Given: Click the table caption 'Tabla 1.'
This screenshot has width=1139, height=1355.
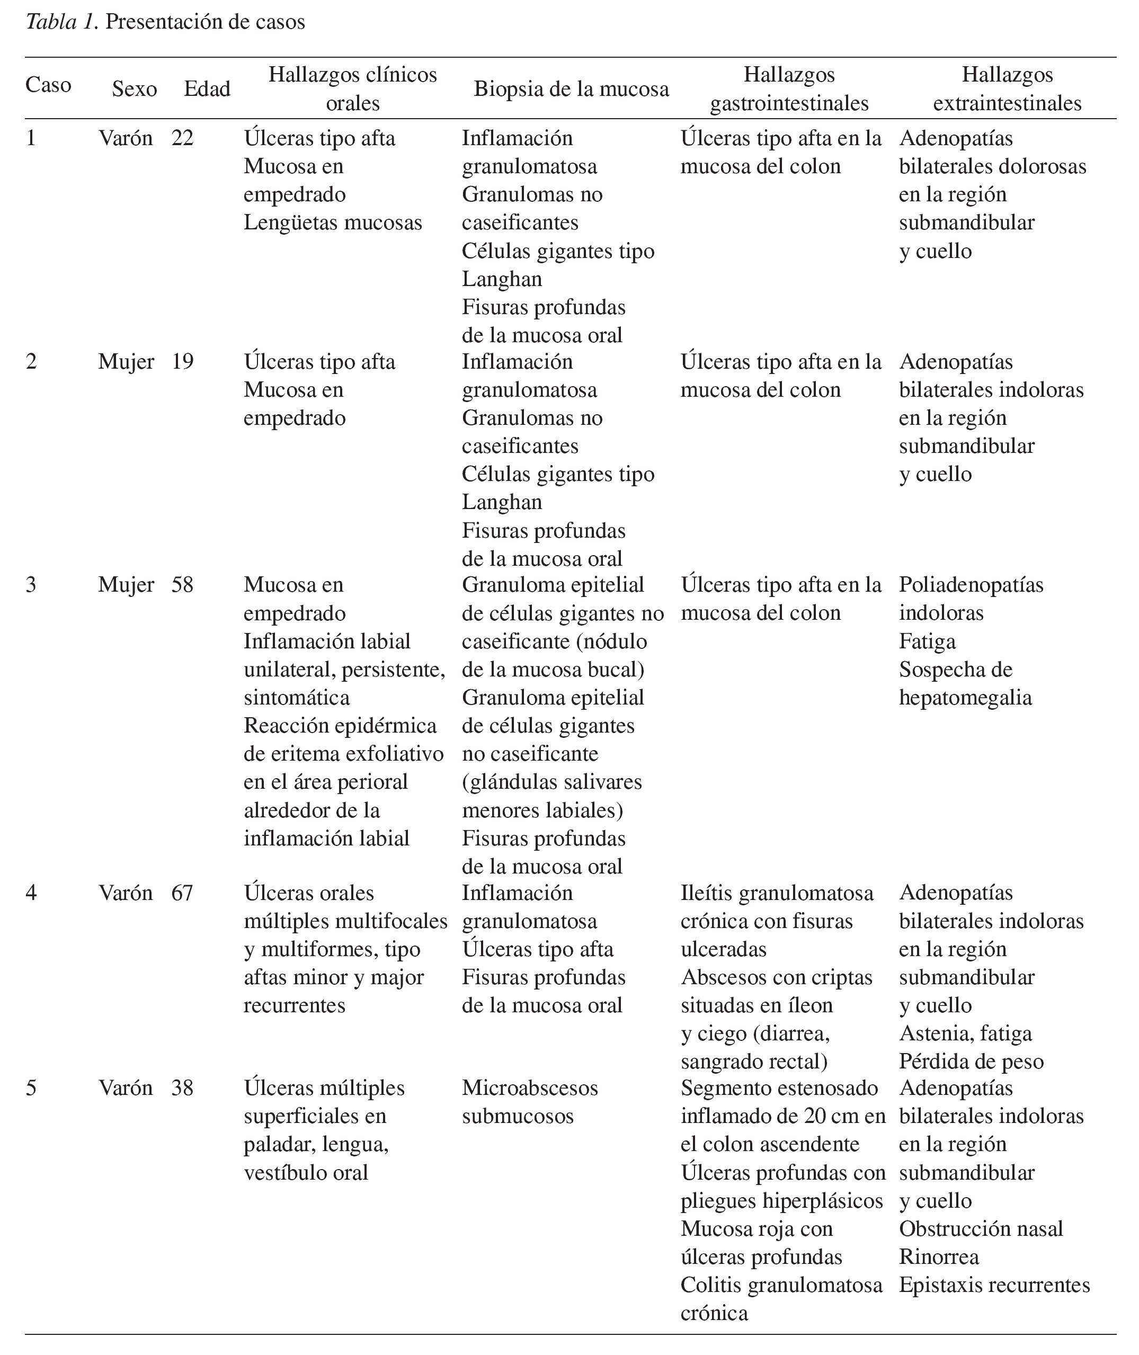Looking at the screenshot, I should click(61, 22).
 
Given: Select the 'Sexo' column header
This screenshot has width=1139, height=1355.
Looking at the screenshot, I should click(135, 88).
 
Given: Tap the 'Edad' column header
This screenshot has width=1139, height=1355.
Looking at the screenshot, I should click(207, 88).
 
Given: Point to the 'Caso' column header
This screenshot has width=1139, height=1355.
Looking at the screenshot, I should click(48, 85).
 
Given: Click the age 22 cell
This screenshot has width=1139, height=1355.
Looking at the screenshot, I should click(182, 138).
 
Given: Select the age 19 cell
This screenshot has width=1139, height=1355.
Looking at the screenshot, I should click(182, 361).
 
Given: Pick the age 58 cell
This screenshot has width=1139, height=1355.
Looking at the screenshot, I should click(182, 585).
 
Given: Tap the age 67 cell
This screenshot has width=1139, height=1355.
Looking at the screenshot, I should click(182, 893).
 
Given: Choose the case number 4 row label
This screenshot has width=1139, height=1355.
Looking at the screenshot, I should click(31, 893).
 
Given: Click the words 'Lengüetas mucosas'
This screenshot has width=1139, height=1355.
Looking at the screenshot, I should click(333, 222).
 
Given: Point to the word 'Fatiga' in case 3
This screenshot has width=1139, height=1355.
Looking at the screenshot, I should click(927, 641).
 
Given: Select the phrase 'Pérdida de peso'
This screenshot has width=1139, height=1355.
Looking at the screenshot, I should click(971, 1062).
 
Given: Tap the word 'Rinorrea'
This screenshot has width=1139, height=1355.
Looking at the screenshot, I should click(938, 1257).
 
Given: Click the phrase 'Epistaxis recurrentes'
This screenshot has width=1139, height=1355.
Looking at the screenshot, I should click(994, 1285).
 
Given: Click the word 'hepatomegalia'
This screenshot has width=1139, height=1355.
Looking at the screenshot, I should click(965, 698).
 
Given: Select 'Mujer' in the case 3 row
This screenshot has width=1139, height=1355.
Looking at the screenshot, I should click(126, 585).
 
